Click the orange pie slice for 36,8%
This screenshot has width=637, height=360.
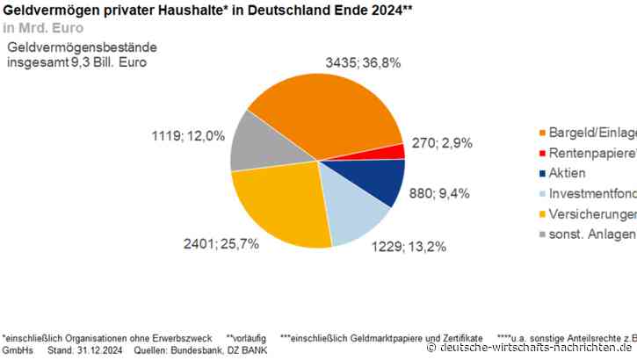click(325, 110)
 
